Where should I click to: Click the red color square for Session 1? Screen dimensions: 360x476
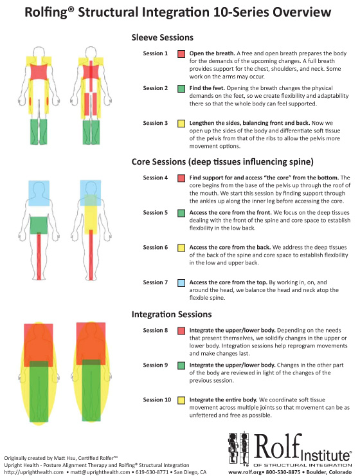coord(181,54)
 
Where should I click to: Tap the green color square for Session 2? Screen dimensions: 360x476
coord(181,89)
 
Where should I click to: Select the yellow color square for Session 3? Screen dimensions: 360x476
coord(181,124)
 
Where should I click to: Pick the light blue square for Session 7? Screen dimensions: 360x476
coord(181,283)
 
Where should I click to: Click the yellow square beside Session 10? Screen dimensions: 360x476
coord(181,400)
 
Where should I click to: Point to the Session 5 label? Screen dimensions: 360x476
coord(156,212)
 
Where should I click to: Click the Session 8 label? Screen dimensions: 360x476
coord(156,330)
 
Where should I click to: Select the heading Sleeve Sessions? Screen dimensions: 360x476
coord(162,37)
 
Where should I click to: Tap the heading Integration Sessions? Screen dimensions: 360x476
coord(172,314)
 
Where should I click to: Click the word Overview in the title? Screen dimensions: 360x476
coord(301,12)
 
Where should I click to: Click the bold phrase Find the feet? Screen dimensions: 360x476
coord(207,88)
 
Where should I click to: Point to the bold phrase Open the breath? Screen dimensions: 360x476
coord(212,53)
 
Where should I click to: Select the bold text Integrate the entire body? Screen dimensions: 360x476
coord(224,400)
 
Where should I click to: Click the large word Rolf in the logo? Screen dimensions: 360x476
coord(278,446)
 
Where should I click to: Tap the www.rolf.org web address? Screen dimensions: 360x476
coord(242,472)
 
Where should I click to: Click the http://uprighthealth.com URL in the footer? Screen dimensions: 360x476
coord(34,472)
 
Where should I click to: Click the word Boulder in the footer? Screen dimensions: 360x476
coord(317,472)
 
